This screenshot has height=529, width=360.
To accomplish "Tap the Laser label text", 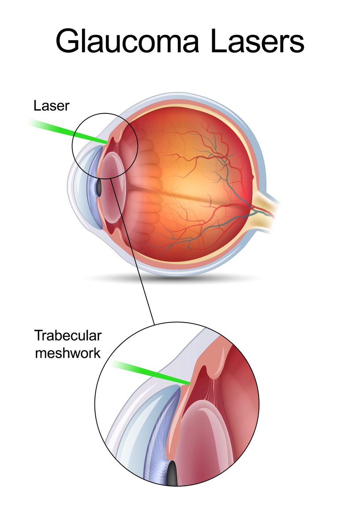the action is pos(51,106).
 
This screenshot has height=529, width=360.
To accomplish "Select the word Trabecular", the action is pos(68,336).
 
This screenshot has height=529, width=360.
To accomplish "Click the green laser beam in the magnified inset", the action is pos(150,370).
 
